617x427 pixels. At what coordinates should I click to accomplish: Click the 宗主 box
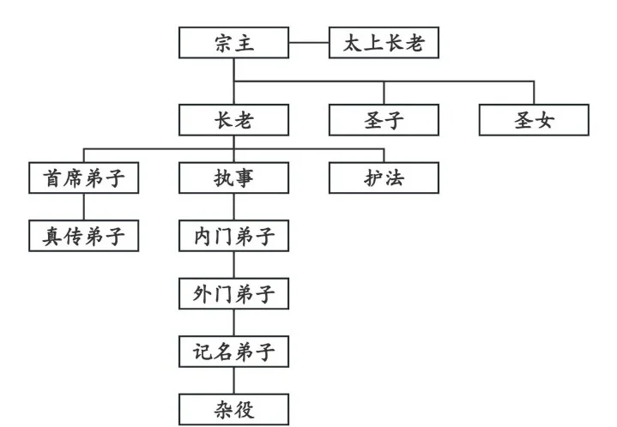233,43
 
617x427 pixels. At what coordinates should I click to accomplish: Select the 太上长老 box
384,43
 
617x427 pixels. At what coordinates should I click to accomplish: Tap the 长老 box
233,120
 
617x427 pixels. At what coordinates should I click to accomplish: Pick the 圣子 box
384,120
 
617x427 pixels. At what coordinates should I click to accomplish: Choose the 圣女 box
534,120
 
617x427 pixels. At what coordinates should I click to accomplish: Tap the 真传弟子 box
83,236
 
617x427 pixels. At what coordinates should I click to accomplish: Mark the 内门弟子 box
233,236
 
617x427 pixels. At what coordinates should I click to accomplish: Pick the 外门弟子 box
233,293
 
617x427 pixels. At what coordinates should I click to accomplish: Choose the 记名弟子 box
233,352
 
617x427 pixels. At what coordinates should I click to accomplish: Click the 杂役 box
233,409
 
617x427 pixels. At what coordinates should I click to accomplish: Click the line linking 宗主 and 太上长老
309,43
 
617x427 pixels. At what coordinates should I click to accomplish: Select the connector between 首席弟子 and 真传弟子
83,207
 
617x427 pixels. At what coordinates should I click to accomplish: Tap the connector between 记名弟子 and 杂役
233,381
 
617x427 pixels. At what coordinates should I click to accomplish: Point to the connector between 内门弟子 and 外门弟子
233,265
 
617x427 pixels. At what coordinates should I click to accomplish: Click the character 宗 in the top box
221,43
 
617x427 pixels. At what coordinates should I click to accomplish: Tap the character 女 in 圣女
546,120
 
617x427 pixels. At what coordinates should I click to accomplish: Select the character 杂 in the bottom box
221,409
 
